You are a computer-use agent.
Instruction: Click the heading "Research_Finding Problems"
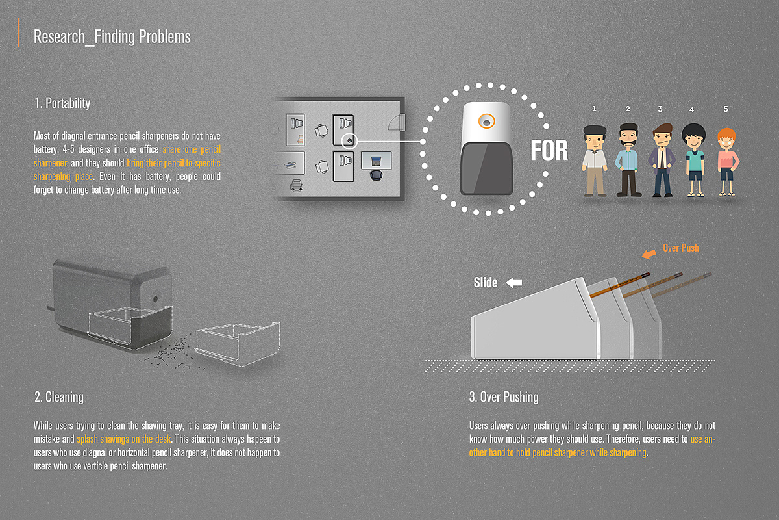[x=112, y=37]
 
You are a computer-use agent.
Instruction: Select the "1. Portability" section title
[x=62, y=103]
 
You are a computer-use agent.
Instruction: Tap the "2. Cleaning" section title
[x=59, y=397]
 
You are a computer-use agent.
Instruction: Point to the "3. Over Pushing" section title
[x=504, y=397]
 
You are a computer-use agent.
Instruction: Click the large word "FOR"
[x=549, y=151]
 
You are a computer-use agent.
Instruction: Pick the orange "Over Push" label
[x=680, y=248]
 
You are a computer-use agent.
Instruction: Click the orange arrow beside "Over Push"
[x=649, y=254]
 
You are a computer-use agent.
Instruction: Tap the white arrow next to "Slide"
[x=514, y=283]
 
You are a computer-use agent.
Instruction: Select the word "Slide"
[x=486, y=283]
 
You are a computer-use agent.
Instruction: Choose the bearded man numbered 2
[x=628, y=160]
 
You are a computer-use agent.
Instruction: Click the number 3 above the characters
[x=660, y=109]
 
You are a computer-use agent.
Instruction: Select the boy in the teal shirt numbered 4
[x=694, y=160]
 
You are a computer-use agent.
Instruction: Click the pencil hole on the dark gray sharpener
[x=155, y=299]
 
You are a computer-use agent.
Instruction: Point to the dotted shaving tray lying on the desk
[x=238, y=344]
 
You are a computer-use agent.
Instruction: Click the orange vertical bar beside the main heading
[x=18, y=32]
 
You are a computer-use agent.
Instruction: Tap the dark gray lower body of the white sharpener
[x=486, y=168]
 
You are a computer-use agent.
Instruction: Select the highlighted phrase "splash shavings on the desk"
[x=124, y=439]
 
